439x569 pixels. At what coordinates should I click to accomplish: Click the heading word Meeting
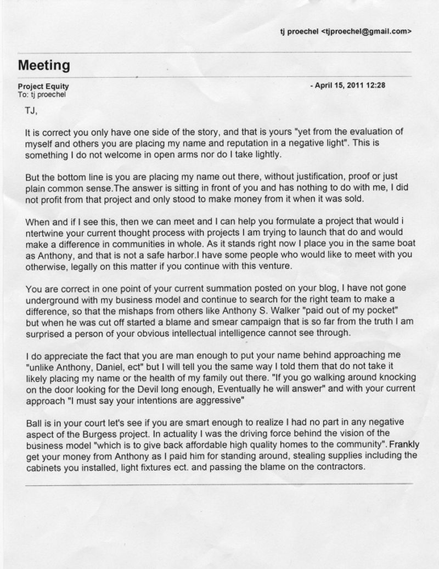pyautogui.click(x=44, y=65)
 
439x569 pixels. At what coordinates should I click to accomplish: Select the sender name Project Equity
pyautogui.click(x=43, y=87)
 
